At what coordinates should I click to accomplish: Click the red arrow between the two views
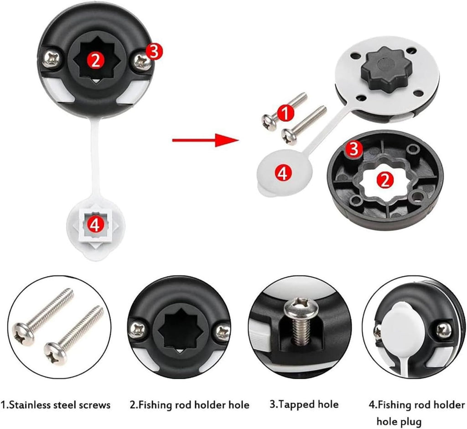tap(205, 140)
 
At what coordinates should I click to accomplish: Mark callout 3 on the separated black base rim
tap(354, 149)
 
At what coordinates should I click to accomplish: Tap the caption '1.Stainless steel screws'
tap(56, 404)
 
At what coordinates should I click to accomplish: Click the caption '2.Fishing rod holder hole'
tap(190, 404)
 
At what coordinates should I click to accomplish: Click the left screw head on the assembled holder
tap(52, 58)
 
